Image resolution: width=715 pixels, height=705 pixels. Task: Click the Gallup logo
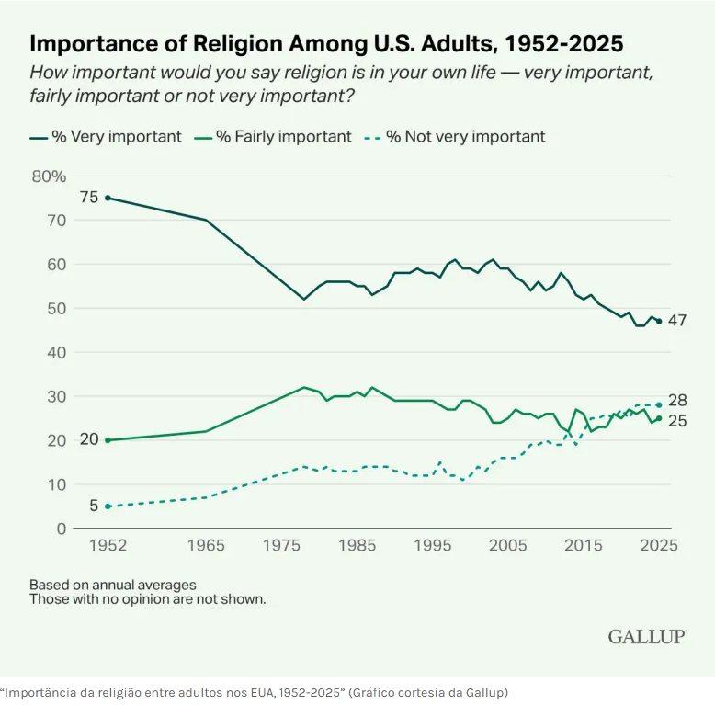pos(647,636)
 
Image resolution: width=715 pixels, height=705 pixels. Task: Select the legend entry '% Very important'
pos(106,137)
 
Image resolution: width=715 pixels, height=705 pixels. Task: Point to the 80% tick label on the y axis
pos(49,176)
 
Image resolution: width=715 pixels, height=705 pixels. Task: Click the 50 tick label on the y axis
pos(57,309)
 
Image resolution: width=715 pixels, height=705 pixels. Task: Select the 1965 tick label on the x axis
pos(205,544)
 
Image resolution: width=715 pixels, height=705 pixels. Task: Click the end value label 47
pos(678,321)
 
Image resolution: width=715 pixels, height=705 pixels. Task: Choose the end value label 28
pos(678,401)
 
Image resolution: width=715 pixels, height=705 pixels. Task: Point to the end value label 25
pos(678,422)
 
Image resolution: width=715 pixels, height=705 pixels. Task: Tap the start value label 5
pos(94,506)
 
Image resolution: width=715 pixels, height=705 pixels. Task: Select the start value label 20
pos(89,439)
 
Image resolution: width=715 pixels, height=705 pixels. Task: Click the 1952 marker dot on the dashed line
pos(108,506)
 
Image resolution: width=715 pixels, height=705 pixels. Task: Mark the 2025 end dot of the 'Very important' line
pos(659,322)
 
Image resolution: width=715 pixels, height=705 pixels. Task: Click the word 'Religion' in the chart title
pos(238,43)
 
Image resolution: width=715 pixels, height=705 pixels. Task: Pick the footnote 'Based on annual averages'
pos(112,585)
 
